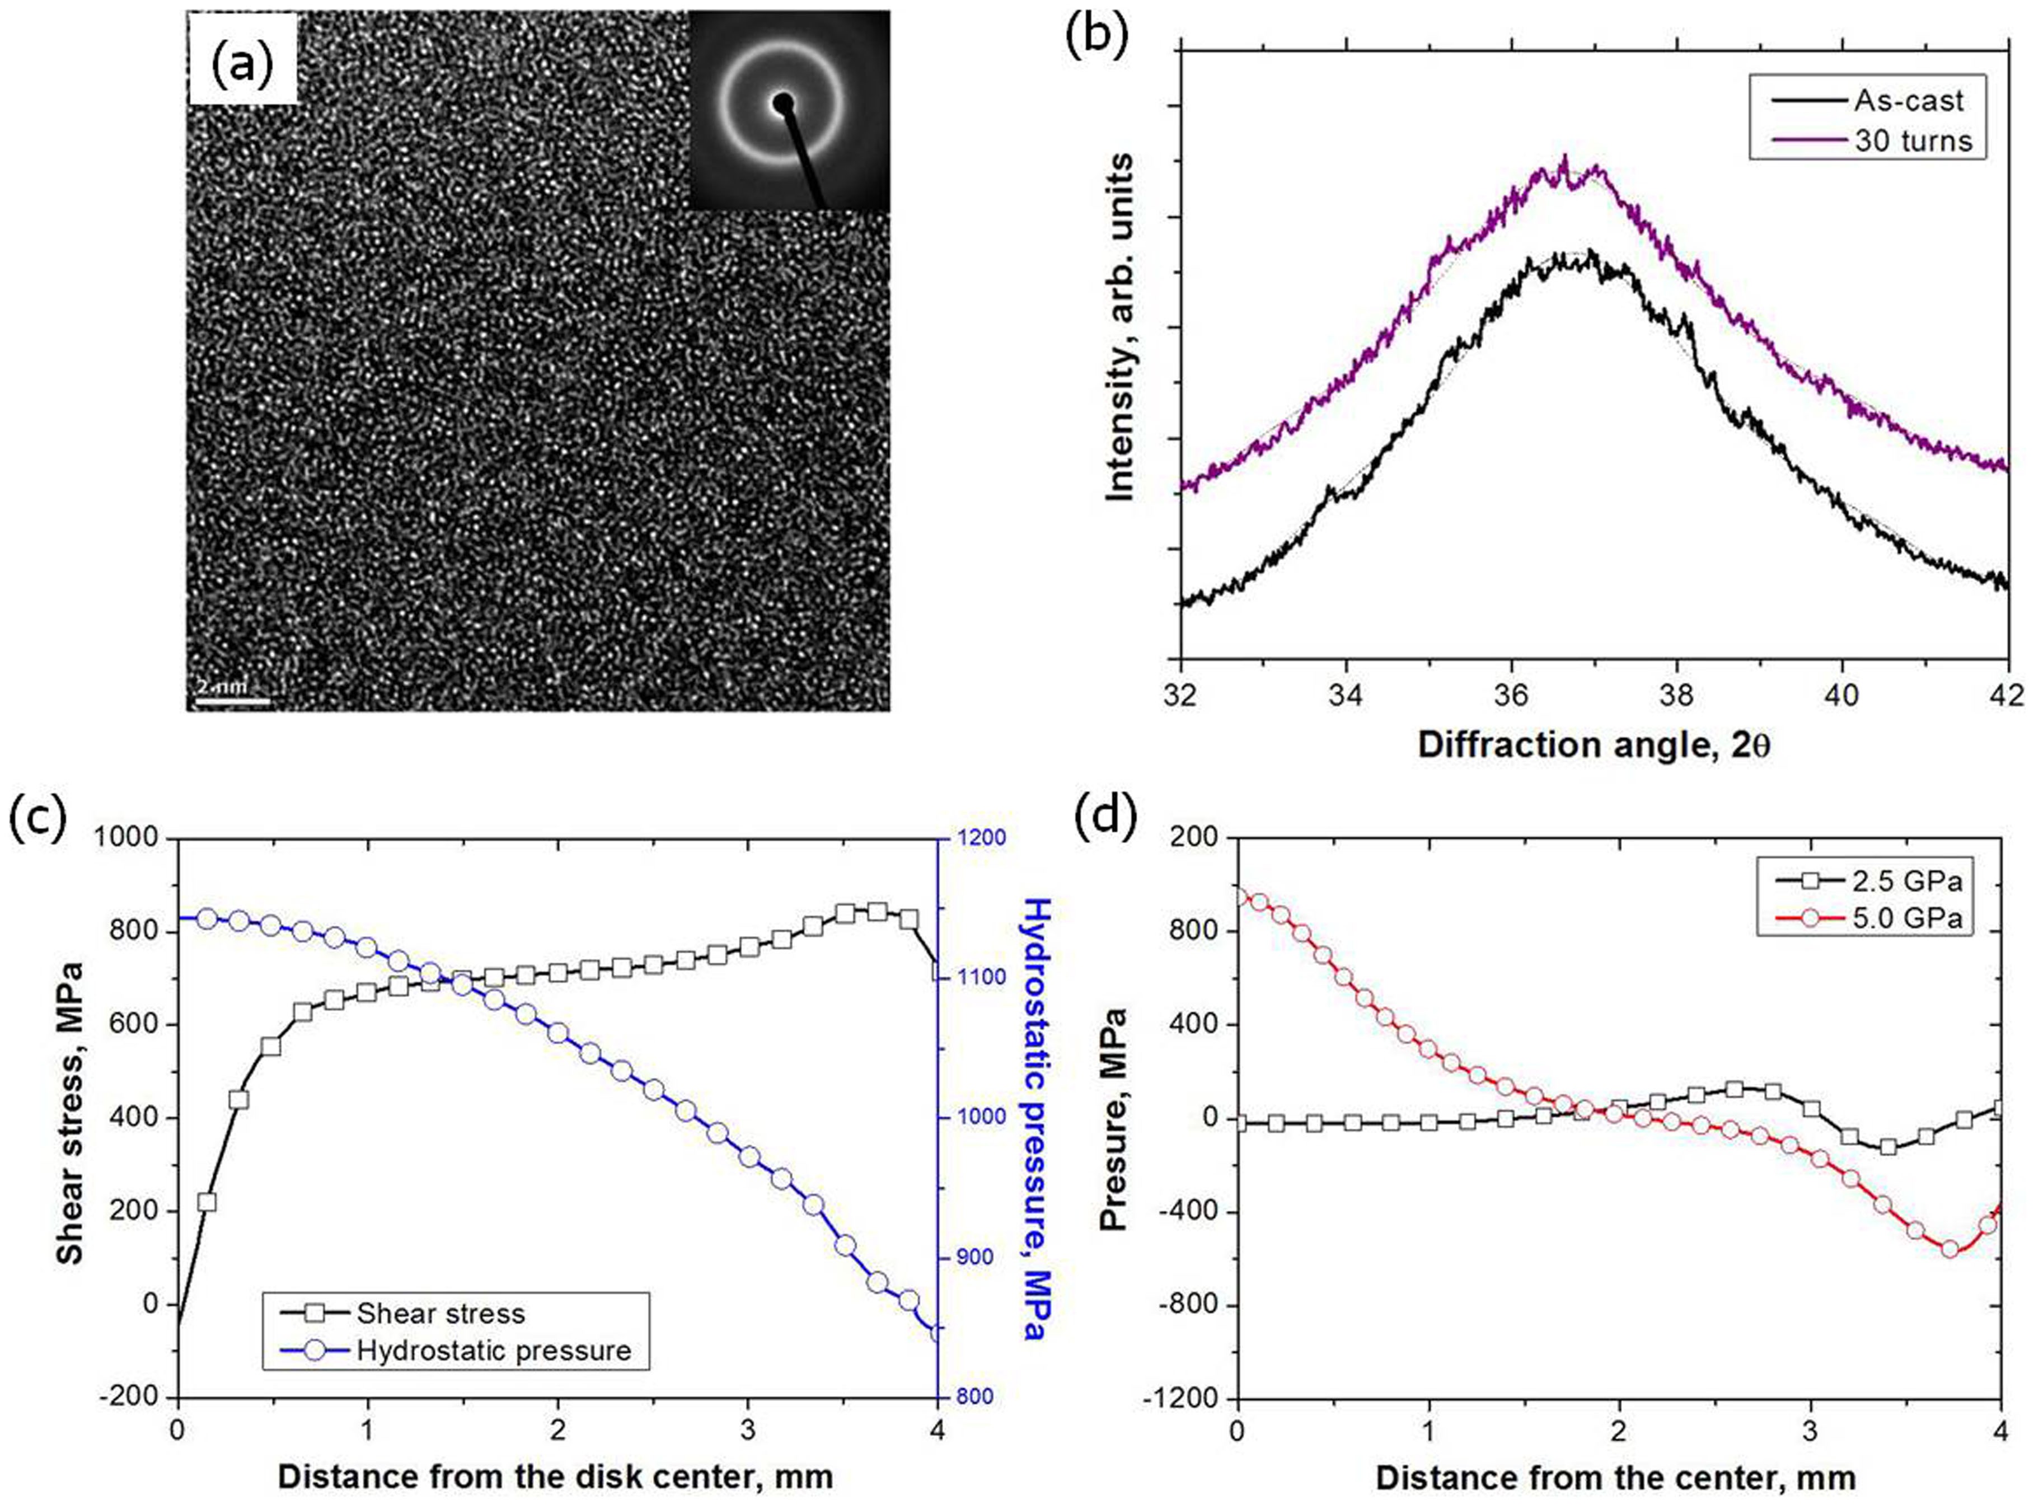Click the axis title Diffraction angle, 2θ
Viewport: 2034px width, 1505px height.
coord(1593,745)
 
